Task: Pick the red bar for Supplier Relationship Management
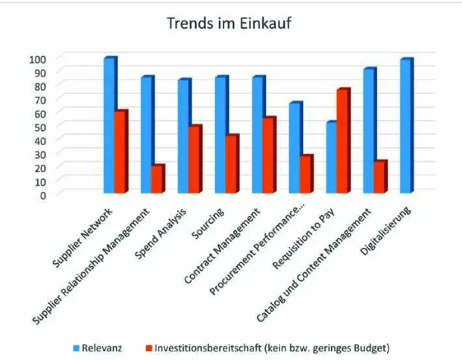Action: pos(157,179)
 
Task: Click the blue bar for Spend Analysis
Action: pos(183,136)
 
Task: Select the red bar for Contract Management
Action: pos(269,155)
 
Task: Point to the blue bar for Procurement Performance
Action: pos(295,148)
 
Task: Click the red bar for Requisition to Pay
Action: pos(342,141)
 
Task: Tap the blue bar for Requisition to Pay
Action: pos(331,158)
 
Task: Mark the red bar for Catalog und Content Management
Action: pos(379,177)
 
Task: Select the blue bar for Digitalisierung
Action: pos(406,126)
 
